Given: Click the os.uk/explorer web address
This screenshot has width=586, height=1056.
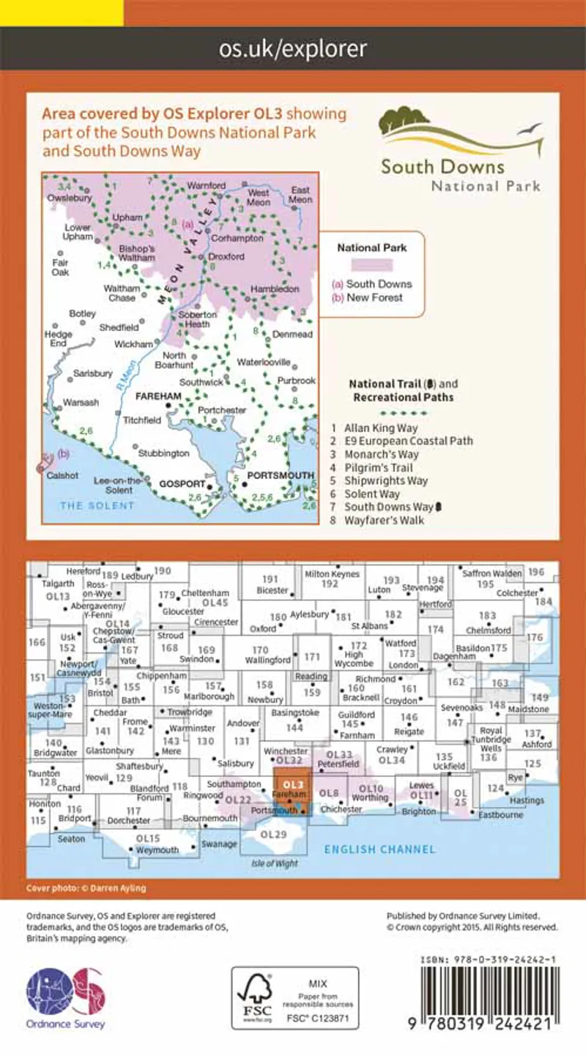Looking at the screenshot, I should [x=293, y=49].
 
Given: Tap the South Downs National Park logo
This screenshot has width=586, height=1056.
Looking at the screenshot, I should [x=460, y=151].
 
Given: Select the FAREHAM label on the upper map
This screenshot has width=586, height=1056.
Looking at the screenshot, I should [x=159, y=395].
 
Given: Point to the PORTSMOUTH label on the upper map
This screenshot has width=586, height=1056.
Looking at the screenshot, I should [x=281, y=475].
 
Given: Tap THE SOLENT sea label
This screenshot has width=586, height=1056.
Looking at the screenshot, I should [x=97, y=505].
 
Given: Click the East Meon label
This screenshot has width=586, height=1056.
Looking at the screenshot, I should [x=300, y=194].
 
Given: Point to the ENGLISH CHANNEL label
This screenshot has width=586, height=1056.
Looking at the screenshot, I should [x=380, y=849].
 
